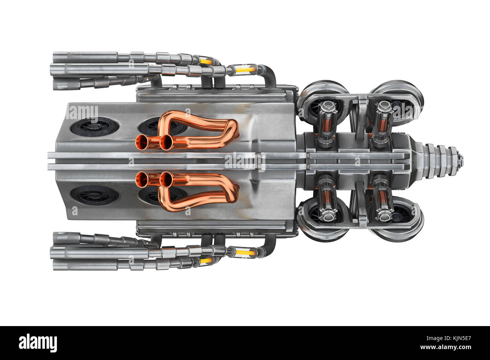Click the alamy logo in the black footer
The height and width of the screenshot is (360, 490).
pos(38,343)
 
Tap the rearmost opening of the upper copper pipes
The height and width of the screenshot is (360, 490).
pos(142,142)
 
